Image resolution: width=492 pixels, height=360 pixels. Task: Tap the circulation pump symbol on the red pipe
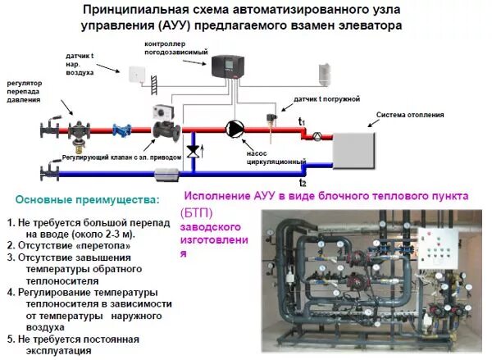click(235, 129)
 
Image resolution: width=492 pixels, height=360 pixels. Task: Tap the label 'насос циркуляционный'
click(267, 157)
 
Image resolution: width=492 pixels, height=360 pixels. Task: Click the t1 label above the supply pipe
click(302, 122)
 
